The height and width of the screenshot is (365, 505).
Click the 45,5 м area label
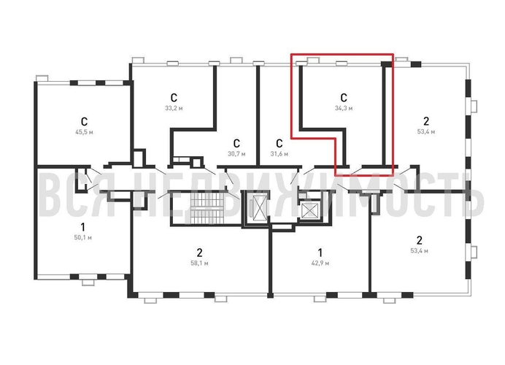coord(84,132)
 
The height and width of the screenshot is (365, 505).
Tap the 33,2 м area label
coord(174,108)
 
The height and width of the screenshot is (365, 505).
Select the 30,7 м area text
coord(236,154)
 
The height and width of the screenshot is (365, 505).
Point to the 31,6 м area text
coord(280,154)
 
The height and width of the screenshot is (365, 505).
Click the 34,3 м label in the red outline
coord(344,108)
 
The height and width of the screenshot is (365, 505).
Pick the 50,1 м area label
coord(83,238)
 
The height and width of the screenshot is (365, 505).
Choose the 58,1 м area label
coord(199,264)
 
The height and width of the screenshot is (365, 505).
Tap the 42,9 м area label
coord(320,264)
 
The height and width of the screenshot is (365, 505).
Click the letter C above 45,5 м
coord(84,122)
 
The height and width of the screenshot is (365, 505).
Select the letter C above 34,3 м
coord(344,98)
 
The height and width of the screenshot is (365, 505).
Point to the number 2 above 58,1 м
coord(200,253)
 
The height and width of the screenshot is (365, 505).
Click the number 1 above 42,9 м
coord(320,253)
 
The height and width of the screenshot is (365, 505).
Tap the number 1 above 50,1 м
coord(82,227)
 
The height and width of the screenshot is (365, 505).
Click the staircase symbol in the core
coord(207,208)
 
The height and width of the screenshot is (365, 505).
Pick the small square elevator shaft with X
coord(309,210)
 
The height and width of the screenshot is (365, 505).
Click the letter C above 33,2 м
coord(174,98)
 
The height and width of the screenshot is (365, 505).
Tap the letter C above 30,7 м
coord(236,143)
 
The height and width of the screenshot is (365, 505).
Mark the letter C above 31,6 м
coord(280,143)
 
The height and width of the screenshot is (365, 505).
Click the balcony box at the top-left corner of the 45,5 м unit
coord(42,78)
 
